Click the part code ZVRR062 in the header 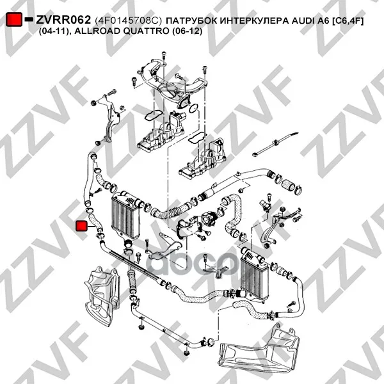pyautogui.click(x=63, y=20)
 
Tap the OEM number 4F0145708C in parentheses pyautogui.click(x=129, y=21)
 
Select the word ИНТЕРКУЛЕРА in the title pyautogui.click(x=252, y=21)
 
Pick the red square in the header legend pyautogui.click(x=14, y=19)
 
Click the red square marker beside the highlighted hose pyautogui.click(x=81, y=226)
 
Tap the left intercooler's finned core pyautogui.click(x=125, y=218)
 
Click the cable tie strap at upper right pyautogui.click(x=275, y=143)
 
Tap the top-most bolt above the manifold pyautogui.click(x=164, y=55)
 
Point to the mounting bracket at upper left pyautogui.click(x=110, y=118)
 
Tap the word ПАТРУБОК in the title pyautogui.click(x=189, y=21)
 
